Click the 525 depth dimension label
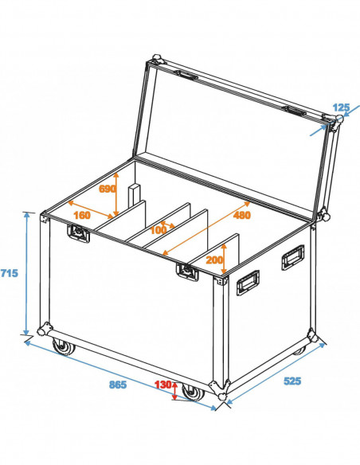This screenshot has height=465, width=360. pyautogui.click(x=292, y=381)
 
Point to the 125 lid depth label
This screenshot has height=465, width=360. pyautogui.click(x=341, y=107)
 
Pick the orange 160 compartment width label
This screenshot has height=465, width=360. pyautogui.click(x=81, y=214)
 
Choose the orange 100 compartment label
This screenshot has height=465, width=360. pyautogui.click(x=159, y=230)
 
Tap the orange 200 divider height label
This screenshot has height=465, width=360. pyautogui.click(x=214, y=260)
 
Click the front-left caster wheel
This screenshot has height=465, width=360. pyautogui.click(x=61, y=346)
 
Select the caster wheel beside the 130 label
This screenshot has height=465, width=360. pyautogui.click(x=190, y=393)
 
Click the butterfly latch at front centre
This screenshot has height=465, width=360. pyautogui.click(x=187, y=272)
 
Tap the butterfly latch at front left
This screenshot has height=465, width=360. pyautogui.click(x=79, y=232)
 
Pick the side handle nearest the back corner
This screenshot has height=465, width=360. pyautogui.click(x=292, y=258)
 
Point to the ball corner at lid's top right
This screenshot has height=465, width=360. pyautogui.click(x=335, y=121)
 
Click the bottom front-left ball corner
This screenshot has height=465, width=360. pyautogui.click(x=45, y=329)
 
